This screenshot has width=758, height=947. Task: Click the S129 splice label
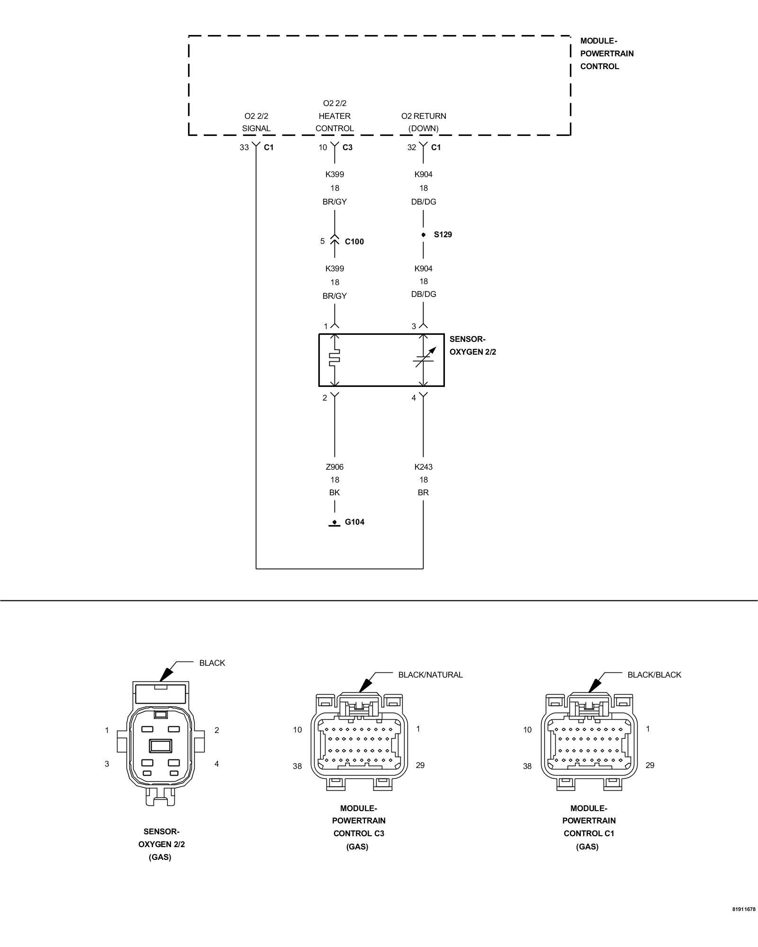442,234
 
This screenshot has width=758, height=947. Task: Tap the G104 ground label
354,522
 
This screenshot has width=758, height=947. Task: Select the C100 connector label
354,241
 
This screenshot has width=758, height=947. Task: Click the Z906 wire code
334,467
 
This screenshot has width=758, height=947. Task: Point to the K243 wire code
423,467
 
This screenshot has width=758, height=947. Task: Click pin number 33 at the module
244,147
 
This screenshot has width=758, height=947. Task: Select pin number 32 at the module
412,147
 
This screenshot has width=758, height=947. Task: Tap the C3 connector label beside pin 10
347,147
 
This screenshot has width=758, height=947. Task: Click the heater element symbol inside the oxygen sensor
334,358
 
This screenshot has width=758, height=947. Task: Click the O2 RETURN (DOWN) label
424,122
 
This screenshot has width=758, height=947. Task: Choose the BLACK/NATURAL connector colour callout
430,675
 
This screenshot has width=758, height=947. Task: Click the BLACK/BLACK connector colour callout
654,675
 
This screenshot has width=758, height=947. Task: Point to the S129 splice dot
423,235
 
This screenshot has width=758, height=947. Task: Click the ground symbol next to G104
334,523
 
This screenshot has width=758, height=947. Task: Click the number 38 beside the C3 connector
297,766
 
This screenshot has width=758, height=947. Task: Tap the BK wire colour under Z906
334,492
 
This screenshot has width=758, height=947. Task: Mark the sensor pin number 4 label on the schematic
414,398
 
